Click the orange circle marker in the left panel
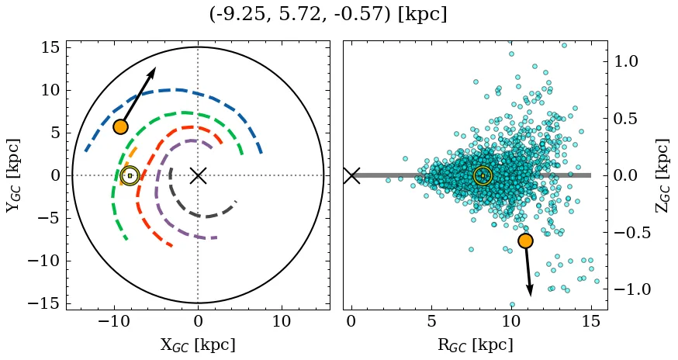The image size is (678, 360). tap(120, 126)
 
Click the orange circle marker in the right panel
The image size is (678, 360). tap(525, 241)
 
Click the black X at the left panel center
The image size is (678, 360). tap(198, 175)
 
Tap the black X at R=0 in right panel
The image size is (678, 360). tap(351, 175)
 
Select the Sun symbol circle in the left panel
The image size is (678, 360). tap(130, 176)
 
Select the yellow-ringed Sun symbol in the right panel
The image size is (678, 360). tap(483, 176)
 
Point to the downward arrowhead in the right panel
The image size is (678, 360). tap(530, 292)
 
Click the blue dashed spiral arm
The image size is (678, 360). tap(178, 89)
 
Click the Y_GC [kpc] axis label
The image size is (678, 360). tap(12, 175)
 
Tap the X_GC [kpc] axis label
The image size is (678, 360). tap(198, 345)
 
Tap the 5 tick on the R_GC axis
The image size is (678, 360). tap(431, 320)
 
